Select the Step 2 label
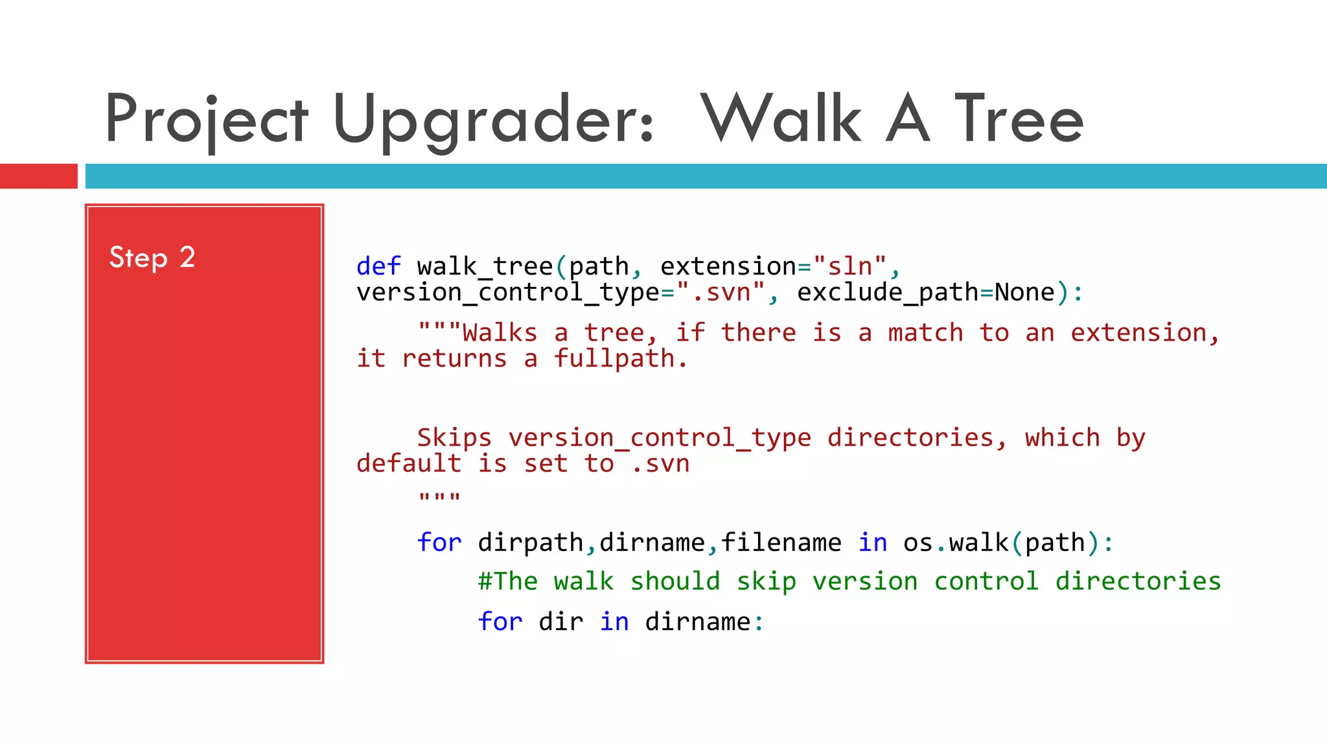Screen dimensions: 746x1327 click(x=152, y=258)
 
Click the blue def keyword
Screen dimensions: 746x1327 click(x=378, y=266)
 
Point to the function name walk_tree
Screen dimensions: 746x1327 click(x=485, y=266)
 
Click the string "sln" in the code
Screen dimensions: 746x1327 click(x=849, y=266)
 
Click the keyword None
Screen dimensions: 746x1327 click(x=1024, y=293)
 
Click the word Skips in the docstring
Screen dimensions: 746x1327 click(x=454, y=438)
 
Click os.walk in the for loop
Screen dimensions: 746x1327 click(x=956, y=543)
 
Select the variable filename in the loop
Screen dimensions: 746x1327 click(x=781, y=543)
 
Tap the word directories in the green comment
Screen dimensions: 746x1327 click(x=1138, y=582)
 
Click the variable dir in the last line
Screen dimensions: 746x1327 click(x=560, y=622)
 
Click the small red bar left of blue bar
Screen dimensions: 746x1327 click(x=38, y=176)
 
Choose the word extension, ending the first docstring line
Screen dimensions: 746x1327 click(x=1144, y=333)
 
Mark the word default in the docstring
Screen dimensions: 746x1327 click(x=409, y=464)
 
